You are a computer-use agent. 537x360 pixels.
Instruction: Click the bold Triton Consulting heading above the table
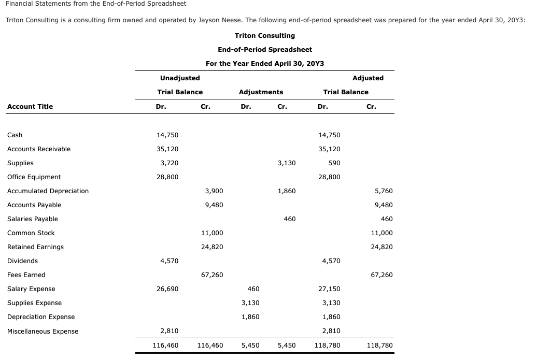click(264, 36)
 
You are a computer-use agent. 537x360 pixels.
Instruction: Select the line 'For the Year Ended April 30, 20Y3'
click(264, 64)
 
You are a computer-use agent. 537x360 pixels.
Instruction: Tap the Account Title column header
click(30, 107)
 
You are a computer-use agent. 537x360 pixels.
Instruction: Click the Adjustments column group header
click(261, 92)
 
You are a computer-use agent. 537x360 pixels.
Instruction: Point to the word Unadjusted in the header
click(180, 78)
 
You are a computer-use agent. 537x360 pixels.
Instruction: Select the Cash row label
click(15, 135)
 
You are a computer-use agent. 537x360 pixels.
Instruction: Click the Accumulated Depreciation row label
click(48, 191)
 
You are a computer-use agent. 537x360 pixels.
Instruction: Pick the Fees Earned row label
click(26, 275)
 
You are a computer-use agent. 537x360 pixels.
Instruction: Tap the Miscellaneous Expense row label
click(43, 332)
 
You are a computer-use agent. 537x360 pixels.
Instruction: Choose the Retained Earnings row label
click(35, 247)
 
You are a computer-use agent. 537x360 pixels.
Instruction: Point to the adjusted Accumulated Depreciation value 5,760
click(384, 191)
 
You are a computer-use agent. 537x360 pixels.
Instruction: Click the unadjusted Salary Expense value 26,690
click(167, 289)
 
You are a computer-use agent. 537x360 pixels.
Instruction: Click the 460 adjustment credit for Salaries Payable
click(290, 219)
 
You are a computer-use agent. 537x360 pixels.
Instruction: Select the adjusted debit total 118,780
click(328, 345)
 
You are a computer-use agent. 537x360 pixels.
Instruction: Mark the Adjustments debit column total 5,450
click(251, 345)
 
